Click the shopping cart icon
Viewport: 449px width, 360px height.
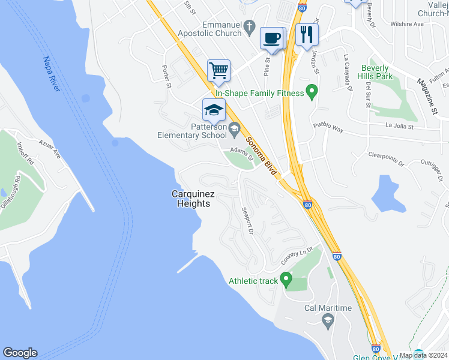click(x=219, y=70)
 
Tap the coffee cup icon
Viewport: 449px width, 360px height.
click(x=272, y=38)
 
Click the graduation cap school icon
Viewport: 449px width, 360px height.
click(x=214, y=110)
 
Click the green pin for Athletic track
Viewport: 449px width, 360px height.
click(x=286, y=279)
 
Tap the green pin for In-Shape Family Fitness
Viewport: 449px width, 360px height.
click(x=312, y=92)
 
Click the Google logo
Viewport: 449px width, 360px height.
click(x=20, y=353)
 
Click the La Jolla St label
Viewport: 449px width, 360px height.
click(x=400, y=127)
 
